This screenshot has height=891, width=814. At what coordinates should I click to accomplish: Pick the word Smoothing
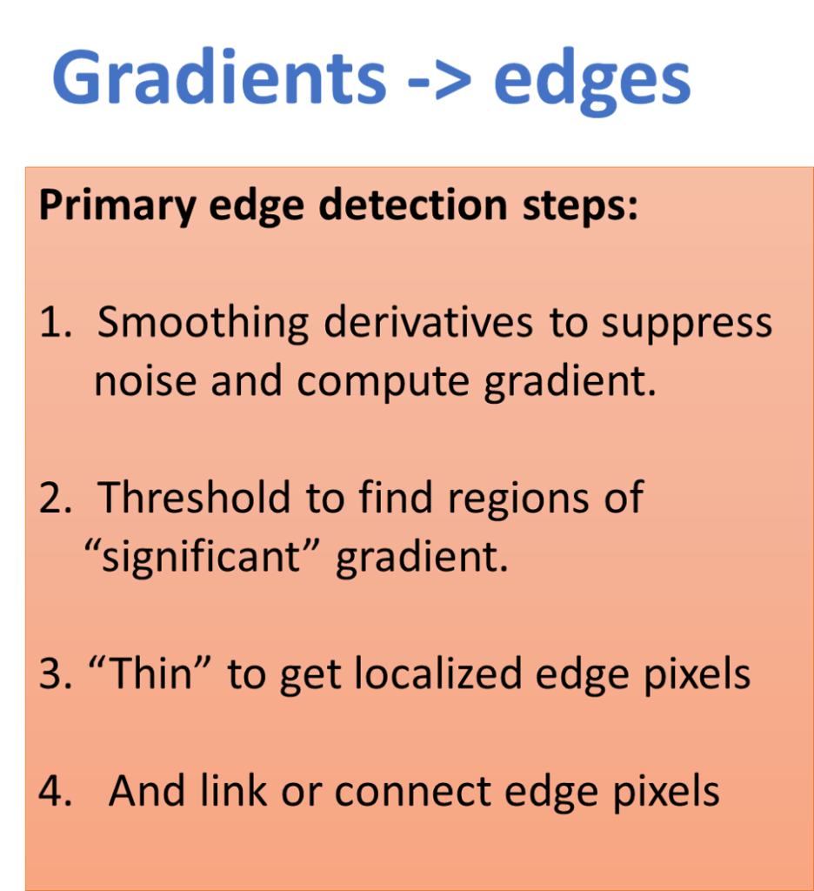point(203,324)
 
